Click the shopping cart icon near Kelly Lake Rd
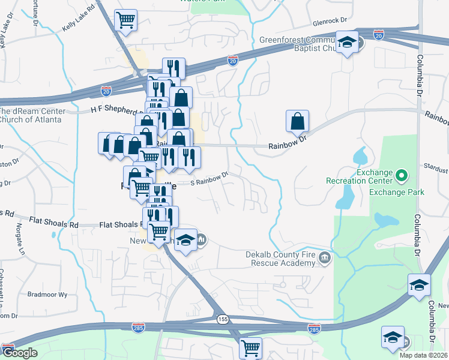(126, 20)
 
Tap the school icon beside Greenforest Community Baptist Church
(346, 43)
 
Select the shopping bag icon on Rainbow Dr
(297, 121)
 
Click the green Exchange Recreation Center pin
(402, 176)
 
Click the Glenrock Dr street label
(330, 20)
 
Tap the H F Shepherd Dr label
(117, 110)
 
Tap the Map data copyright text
(423, 355)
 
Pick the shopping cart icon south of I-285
(250, 347)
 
